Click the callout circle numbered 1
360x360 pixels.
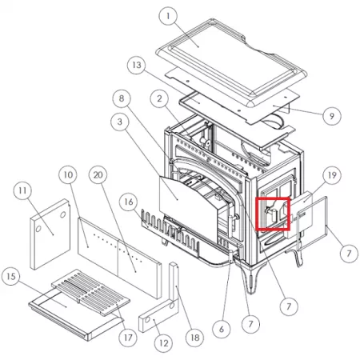(168, 16)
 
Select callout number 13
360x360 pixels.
(137, 65)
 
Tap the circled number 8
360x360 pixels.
(122, 98)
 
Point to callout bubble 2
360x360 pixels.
(159, 98)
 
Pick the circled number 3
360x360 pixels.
(120, 122)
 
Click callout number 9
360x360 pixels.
(332, 116)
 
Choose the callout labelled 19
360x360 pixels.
(332, 175)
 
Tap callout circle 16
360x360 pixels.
(129, 202)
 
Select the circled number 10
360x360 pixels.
(68, 175)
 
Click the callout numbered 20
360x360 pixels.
(98, 175)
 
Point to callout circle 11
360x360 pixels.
(22, 190)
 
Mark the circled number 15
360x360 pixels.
(11, 276)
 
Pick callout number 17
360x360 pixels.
(128, 338)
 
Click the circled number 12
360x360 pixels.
(163, 343)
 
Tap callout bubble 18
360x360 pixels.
(195, 338)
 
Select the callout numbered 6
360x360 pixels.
(222, 329)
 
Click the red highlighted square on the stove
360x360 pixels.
(273, 214)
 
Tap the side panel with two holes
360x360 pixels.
(50, 234)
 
